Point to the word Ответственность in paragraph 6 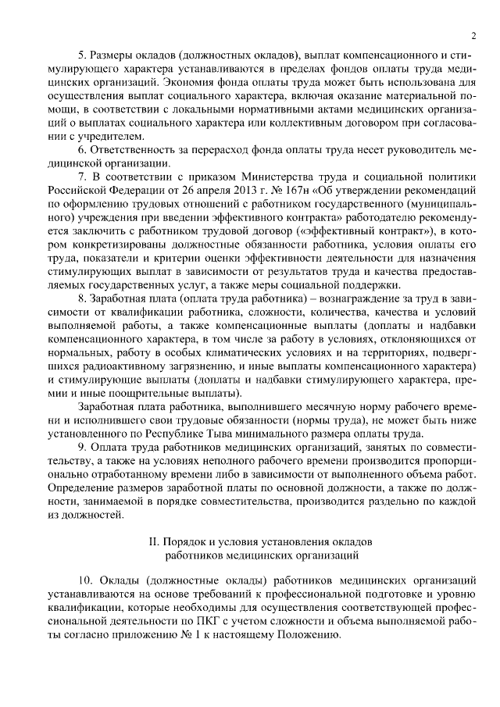(135, 149)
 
